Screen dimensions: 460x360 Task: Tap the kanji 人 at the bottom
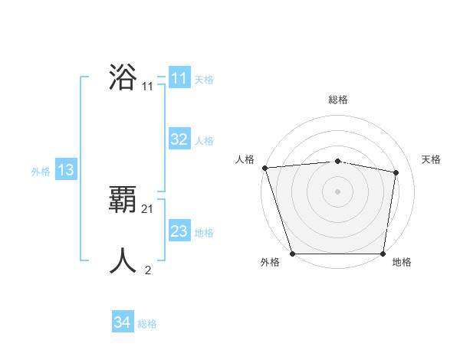tap(123, 260)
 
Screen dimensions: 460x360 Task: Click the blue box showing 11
tap(179, 78)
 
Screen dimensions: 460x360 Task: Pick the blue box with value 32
tap(179, 139)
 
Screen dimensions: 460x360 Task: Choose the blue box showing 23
tap(179, 231)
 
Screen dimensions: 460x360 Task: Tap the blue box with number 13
tap(66, 170)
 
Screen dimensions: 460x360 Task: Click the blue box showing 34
tap(122, 322)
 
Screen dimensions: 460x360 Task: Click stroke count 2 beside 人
tap(148, 270)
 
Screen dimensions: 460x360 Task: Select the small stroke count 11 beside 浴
tap(148, 87)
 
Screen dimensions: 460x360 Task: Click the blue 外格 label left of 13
tap(41, 172)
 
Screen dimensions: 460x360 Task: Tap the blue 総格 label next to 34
tap(147, 324)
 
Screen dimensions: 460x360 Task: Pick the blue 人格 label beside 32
tap(204, 141)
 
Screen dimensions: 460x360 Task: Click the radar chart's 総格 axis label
tap(337, 100)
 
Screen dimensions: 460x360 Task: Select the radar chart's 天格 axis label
tap(432, 159)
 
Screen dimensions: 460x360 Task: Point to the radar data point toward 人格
tap(264, 168)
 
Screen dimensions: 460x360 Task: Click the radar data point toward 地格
tap(383, 254)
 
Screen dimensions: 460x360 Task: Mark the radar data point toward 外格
tap(292, 254)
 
